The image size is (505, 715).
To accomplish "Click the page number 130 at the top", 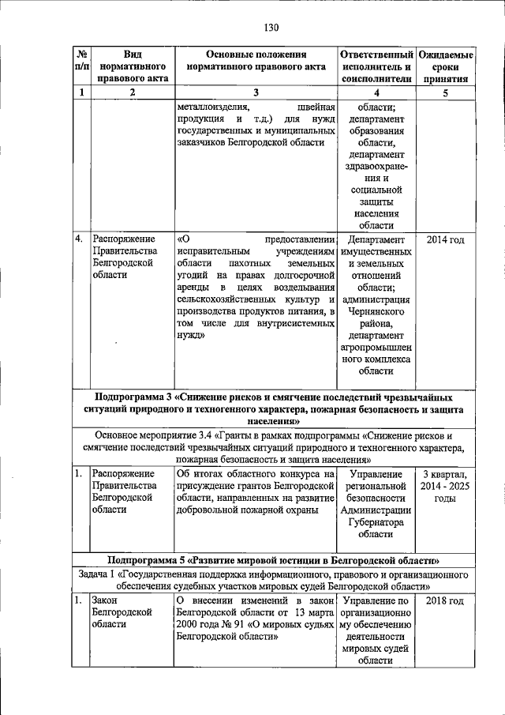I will tap(271, 27).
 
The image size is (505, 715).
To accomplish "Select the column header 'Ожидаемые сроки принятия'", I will tap(446, 67).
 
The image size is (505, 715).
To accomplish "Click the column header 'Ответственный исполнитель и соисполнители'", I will tap(376, 67).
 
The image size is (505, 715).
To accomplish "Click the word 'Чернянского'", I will tap(376, 313).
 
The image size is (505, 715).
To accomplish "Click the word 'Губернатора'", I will tap(376, 522).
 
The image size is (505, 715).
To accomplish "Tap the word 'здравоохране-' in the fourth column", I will tap(376, 167).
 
